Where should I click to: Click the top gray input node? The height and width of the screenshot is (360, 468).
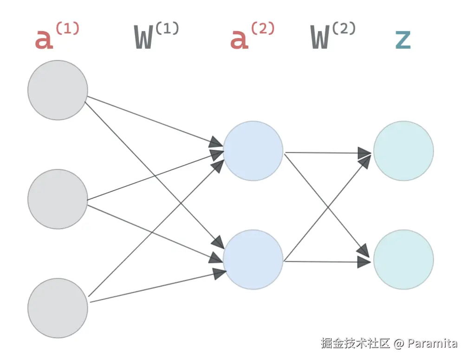point(58,90)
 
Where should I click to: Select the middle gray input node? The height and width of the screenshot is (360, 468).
point(58,199)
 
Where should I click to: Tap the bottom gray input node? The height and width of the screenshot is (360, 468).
point(58,308)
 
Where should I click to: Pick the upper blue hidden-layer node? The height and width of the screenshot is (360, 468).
point(253,151)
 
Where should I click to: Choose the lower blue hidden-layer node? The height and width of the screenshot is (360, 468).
point(253,259)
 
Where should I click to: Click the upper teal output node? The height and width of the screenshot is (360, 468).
point(403,151)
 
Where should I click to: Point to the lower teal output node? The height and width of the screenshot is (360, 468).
point(403,259)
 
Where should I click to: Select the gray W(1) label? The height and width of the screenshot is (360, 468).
point(156,36)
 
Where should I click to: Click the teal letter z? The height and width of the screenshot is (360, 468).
point(403,39)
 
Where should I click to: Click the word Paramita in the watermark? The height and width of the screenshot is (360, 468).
point(433,344)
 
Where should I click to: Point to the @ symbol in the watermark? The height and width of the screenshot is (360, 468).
point(398,344)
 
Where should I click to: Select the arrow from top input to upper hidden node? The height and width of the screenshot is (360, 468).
point(153,120)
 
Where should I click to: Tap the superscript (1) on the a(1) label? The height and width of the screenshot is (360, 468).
point(67,28)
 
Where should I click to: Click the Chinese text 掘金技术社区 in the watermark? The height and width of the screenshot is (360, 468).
point(355,344)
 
